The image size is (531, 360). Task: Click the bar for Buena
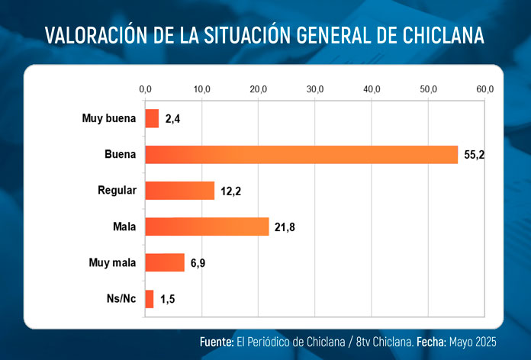[301, 154]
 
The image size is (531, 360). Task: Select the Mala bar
[207, 227]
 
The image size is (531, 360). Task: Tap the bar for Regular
[179, 190]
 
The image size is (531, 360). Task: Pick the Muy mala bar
[165, 262]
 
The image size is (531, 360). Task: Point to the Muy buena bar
[152, 118]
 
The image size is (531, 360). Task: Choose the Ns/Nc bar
[150, 299]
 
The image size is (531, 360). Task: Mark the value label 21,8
[285, 227]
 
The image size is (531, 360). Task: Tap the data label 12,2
[230, 191]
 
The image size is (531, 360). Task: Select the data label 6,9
[198, 263]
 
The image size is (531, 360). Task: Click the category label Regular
[117, 190]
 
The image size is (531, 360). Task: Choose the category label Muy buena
[109, 118]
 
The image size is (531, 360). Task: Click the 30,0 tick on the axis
[315, 90]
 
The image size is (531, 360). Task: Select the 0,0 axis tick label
[145, 90]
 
